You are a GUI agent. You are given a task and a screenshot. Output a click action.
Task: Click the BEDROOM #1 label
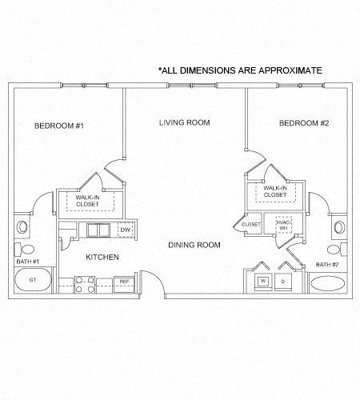[x=59, y=126]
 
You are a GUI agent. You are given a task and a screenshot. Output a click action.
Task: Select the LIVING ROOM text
[x=184, y=122]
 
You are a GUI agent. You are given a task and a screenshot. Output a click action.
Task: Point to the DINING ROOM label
[x=194, y=245]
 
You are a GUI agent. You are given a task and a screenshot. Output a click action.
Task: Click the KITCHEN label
[x=102, y=257]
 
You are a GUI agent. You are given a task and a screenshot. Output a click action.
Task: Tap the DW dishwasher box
[x=125, y=230]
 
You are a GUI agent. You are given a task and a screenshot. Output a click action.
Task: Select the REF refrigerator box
[x=124, y=282]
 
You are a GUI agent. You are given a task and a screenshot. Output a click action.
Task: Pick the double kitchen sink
[x=98, y=230]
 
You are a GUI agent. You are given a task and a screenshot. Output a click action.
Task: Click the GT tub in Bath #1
[x=34, y=281]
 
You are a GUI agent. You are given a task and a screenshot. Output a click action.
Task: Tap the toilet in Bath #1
[x=22, y=227]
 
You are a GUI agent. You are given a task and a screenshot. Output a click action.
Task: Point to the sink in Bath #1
[x=22, y=247]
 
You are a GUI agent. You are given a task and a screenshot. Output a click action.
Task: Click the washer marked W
[x=262, y=282]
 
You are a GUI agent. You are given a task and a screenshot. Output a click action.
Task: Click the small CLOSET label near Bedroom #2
[x=250, y=225]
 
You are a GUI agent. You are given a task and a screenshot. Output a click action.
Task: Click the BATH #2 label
[x=327, y=264]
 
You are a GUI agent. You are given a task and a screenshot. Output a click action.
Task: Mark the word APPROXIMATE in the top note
[x=286, y=70]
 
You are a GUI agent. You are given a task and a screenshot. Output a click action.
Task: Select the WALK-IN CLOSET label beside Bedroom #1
[x=89, y=200]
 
